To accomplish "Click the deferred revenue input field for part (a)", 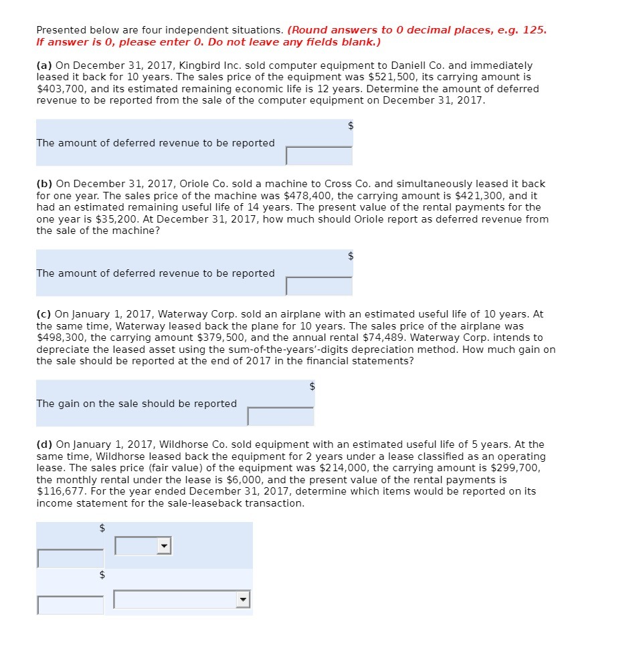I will click(x=319, y=156).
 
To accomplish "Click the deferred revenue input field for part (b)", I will click(x=319, y=286).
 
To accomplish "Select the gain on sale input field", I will click(x=280, y=416).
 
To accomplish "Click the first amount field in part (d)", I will click(x=71, y=558).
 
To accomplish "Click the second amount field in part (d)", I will click(x=71, y=605).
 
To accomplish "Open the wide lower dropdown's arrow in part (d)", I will click(x=244, y=600).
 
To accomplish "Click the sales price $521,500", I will click(x=389, y=77).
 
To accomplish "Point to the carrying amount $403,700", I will click(x=57, y=89).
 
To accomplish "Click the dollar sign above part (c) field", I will click(x=311, y=386).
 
